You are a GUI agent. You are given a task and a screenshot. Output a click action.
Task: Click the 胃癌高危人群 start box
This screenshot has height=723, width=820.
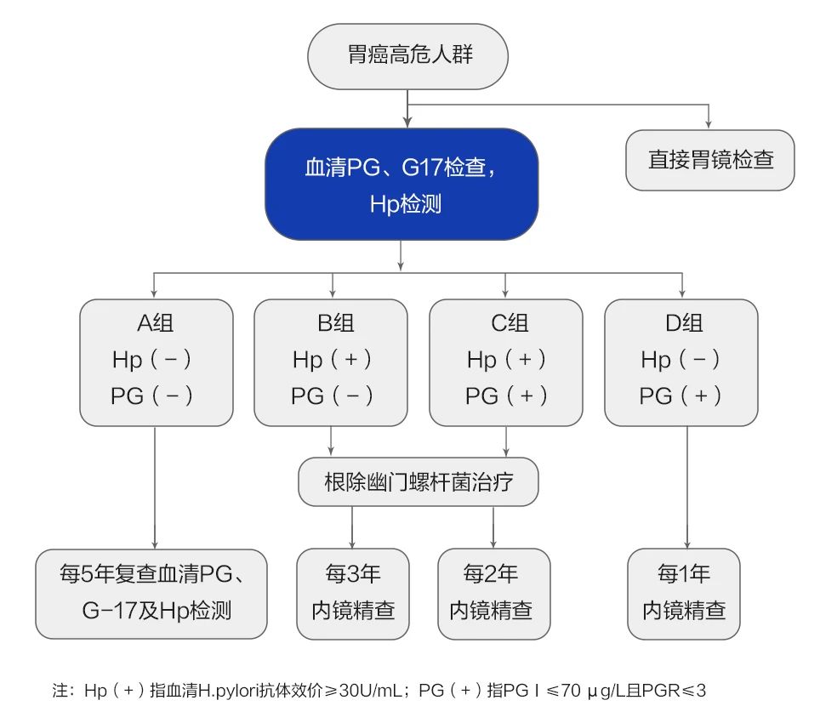coord(409,56)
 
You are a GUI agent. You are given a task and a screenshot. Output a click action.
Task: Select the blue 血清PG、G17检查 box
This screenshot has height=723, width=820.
coord(401,185)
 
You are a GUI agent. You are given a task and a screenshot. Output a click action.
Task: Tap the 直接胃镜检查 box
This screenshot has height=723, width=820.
coord(710,159)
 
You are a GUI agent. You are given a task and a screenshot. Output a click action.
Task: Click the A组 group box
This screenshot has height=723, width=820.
coord(156,361)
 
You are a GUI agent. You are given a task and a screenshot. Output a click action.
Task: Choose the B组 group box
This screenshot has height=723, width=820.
coord(332,361)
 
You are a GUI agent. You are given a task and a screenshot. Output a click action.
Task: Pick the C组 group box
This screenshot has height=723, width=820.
coord(506,361)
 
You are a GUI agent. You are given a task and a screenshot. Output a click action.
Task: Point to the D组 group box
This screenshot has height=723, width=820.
coord(681,361)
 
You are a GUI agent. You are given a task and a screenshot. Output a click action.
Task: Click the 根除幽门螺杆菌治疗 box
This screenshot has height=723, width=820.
coord(419,482)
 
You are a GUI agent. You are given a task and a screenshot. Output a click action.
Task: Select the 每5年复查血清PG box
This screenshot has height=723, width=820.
coord(151,594)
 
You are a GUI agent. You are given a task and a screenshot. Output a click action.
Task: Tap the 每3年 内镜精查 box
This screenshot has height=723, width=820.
coord(353,594)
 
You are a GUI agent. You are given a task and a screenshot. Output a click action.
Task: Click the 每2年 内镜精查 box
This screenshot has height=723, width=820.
coord(494,594)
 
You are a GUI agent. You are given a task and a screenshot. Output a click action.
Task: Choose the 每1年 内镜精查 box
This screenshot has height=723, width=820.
coord(684,594)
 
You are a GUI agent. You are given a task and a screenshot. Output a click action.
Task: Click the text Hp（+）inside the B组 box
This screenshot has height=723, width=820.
coord(332,360)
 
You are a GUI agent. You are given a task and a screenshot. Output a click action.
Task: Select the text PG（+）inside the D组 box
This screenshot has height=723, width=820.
coord(680,396)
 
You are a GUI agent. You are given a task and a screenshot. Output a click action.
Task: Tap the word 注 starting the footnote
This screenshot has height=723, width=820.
coord(60,690)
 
